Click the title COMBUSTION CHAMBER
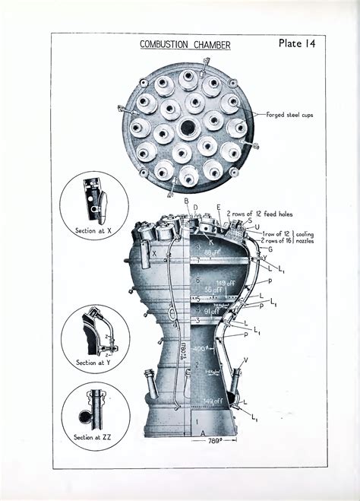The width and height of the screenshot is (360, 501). [x=185, y=45]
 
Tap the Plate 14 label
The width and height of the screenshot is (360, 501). [x=297, y=43]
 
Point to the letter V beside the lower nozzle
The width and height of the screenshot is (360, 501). [x=245, y=360]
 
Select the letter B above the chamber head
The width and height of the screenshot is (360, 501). [x=186, y=200]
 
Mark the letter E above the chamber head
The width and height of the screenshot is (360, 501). [x=219, y=207]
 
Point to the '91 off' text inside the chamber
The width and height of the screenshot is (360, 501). [x=209, y=311]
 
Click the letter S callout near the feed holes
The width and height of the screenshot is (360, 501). [x=250, y=220]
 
